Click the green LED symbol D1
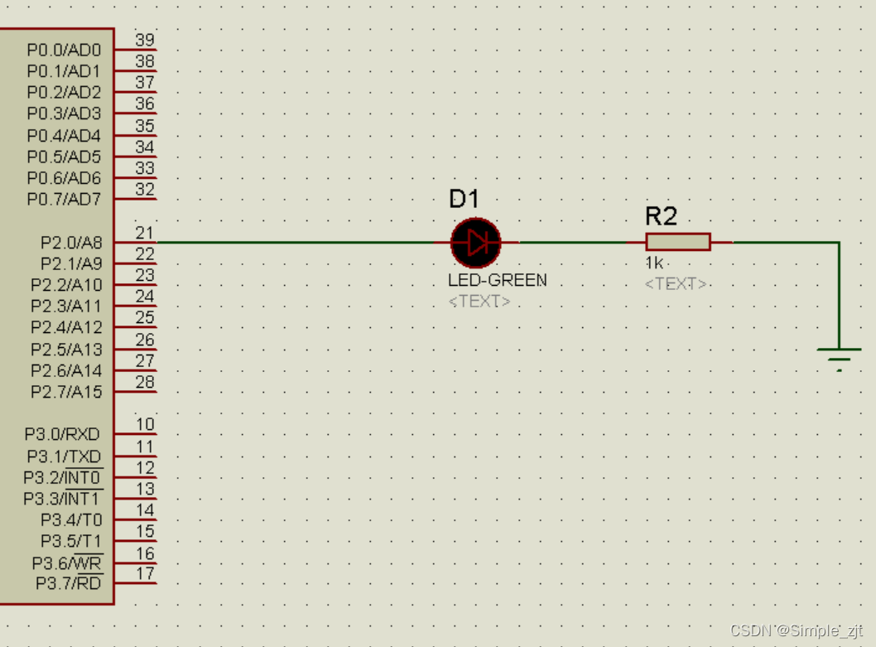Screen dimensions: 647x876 pyautogui.click(x=476, y=242)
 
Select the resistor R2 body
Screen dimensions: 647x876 pyautogui.click(x=678, y=242)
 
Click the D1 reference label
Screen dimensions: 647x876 pyautogui.click(x=464, y=199)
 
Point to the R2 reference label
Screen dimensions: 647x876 pyautogui.click(x=662, y=217)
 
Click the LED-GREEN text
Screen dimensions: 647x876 pyautogui.click(x=497, y=280)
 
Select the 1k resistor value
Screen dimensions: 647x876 pyautogui.click(x=654, y=263)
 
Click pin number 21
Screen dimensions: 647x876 pyautogui.click(x=145, y=234)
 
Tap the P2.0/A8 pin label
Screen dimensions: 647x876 pyautogui.click(x=71, y=243)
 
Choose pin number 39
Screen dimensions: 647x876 pyautogui.click(x=145, y=40)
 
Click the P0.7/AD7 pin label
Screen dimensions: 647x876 pyautogui.click(x=64, y=200)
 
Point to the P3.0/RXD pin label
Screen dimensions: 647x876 pyautogui.click(x=62, y=434)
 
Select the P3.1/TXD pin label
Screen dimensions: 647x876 pyautogui.click(x=64, y=456)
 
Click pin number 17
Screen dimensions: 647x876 pyautogui.click(x=145, y=573)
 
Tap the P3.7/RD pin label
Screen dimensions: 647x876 pyautogui.click(x=69, y=584)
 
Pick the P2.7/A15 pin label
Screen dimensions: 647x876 pyautogui.click(x=66, y=392)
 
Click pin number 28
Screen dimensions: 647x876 pyautogui.click(x=145, y=382)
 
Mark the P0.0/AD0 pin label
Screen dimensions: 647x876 pyautogui.click(x=64, y=50)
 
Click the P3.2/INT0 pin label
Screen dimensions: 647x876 pyautogui.click(x=62, y=478)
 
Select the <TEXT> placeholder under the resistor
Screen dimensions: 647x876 pyautogui.click(x=676, y=284)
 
